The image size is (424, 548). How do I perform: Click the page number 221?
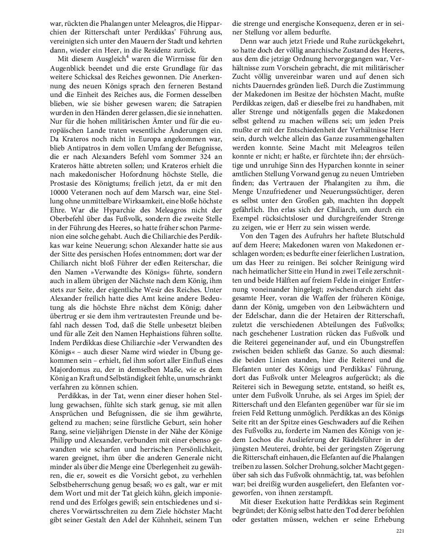400,531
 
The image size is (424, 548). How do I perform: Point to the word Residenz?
159,50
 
